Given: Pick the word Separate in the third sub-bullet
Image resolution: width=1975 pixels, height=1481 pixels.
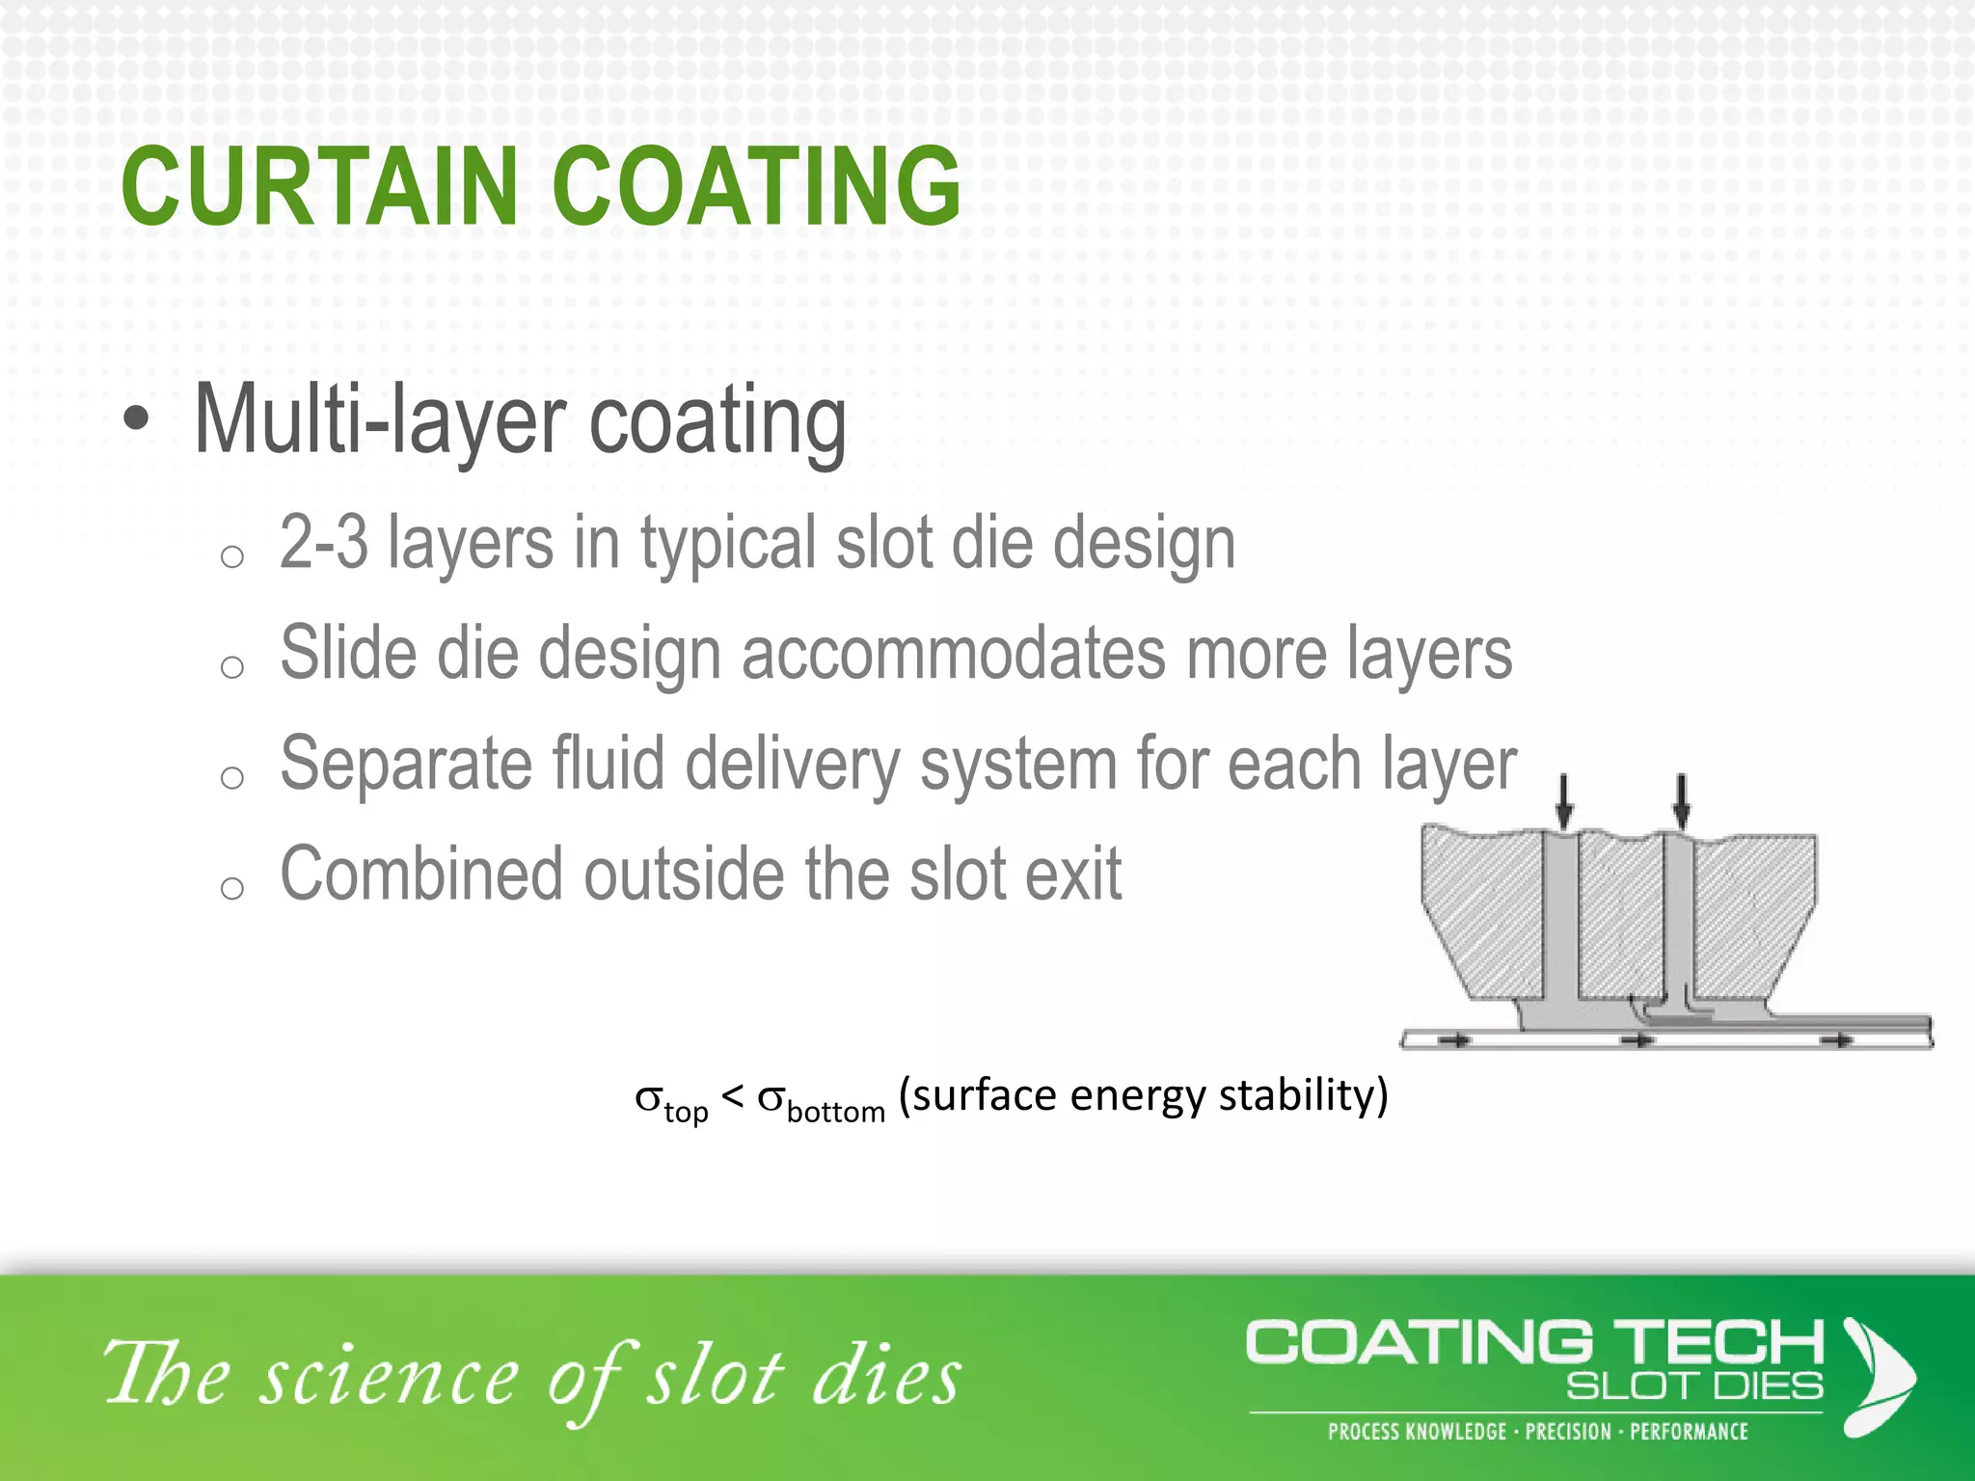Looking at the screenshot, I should click(405, 764).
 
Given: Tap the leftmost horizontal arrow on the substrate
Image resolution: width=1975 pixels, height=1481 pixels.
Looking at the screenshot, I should click(1453, 1040).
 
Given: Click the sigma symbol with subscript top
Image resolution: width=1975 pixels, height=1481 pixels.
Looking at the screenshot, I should click(649, 1097).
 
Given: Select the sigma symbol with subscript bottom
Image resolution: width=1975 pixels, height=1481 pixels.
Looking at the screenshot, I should click(771, 1097).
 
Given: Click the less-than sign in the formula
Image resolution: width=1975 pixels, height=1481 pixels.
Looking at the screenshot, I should click(732, 1095).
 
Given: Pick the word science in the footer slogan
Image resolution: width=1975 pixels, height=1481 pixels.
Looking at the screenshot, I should click(391, 1377).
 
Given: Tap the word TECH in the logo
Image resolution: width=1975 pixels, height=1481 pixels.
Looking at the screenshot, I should click(1719, 1342).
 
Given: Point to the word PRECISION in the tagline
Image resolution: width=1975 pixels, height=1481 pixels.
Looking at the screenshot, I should click(1568, 1432).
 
